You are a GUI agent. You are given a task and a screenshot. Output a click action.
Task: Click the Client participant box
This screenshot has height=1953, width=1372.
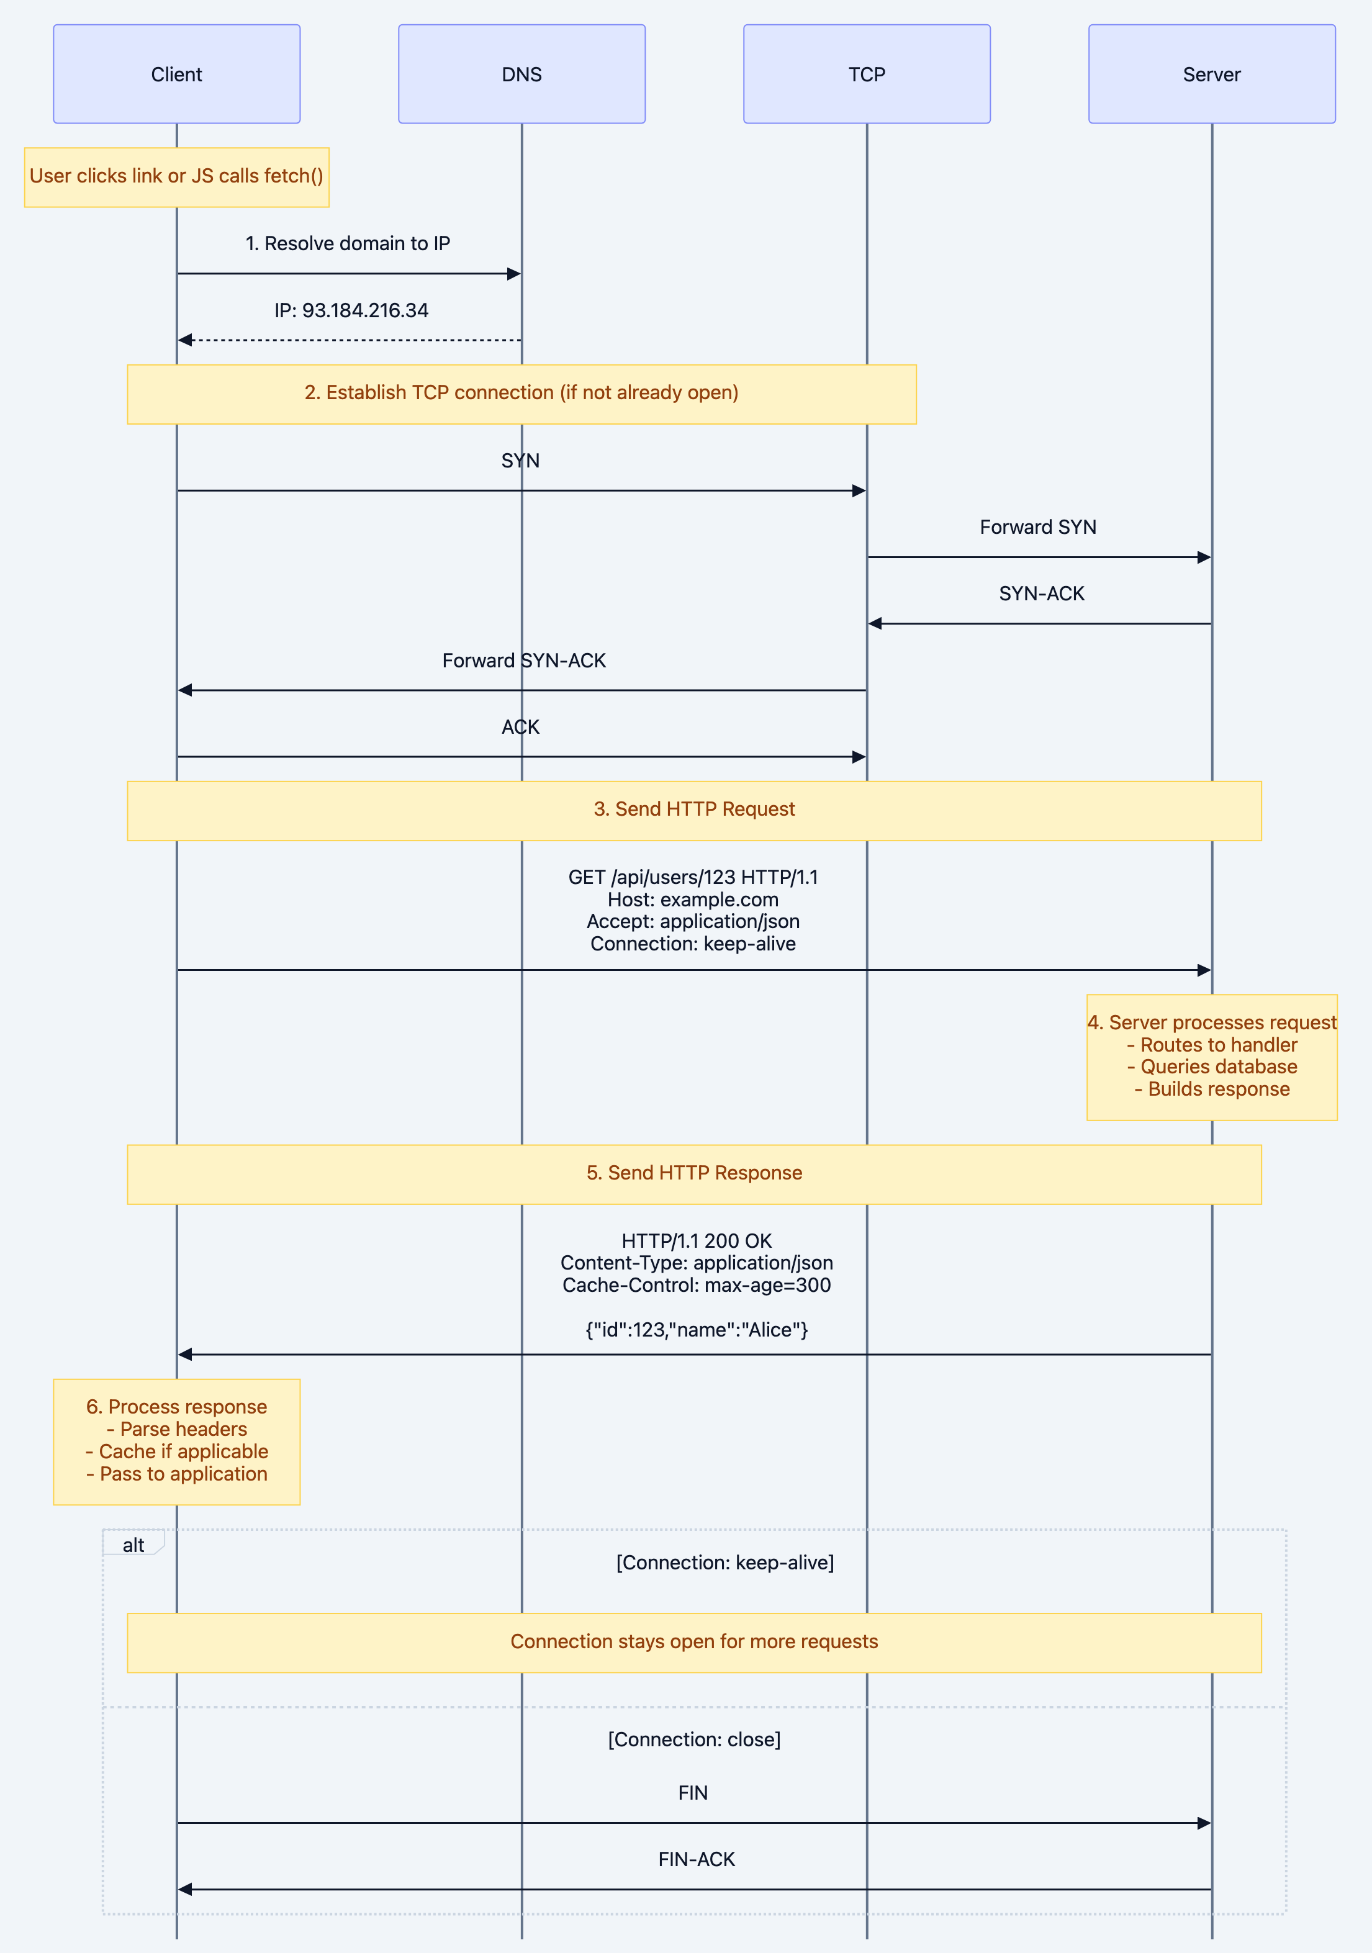click(176, 74)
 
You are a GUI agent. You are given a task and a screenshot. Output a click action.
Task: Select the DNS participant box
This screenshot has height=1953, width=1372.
click(521, 74)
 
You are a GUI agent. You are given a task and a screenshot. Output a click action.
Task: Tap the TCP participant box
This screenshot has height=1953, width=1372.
click(866, 74)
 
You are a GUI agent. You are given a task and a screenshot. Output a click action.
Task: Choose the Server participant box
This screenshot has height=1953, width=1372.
click(1211, 74)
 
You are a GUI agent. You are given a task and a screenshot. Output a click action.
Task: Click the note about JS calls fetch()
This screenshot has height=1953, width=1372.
click(176, 177)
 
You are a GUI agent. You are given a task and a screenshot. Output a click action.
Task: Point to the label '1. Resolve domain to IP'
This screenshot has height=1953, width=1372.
click(347, 243)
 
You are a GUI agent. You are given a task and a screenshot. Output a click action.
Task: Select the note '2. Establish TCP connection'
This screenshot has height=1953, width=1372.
click(521, 393)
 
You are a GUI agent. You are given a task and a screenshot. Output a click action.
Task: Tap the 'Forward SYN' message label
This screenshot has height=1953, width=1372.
click(1038, 528)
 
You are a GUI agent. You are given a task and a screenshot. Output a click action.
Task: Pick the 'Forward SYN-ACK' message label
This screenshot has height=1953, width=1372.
click(524, 661)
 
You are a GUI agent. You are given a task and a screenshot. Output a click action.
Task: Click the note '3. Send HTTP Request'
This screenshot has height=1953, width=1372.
click(694, 810)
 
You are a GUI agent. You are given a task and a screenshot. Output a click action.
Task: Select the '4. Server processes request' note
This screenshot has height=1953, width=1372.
click(1211, 1057)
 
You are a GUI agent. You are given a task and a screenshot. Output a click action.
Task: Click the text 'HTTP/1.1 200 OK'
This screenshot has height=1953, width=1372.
click(696, 1241)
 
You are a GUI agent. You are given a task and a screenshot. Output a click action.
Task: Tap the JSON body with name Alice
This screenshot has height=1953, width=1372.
click(696, 1330)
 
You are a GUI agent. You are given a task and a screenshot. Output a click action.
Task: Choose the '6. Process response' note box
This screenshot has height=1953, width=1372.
click(176, 1441)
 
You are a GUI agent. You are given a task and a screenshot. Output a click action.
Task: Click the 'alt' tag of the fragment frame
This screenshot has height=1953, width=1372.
click(133, 1545)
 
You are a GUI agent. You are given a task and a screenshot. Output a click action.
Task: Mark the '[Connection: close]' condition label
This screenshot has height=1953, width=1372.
click(694, 1739)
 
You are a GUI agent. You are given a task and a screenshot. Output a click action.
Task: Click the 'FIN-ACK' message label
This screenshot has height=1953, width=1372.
click(696, 1859)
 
